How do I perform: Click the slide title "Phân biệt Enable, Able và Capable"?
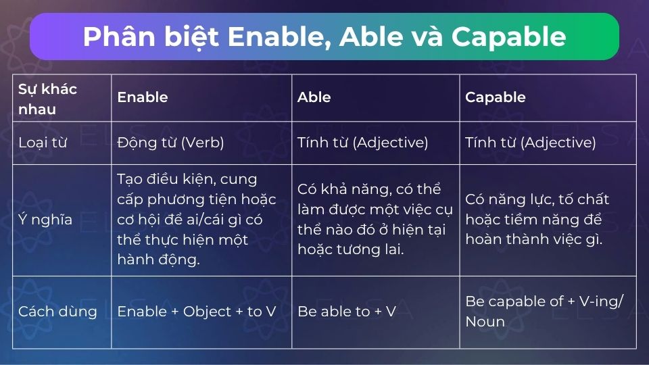click(324, 36)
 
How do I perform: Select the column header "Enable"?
click(142, 97)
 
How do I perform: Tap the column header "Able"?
click(314, 97)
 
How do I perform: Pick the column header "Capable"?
click(495, 97)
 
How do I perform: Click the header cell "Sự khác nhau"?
click(47, 99)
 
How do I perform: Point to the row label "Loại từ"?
click(42, 143)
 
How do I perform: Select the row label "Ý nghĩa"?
click(45, 220)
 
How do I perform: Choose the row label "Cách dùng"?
click(57, 312)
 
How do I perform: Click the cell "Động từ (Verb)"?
click(170, 143)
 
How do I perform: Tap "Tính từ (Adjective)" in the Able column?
click(362, 143)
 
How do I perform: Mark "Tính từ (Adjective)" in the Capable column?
click(530, 143)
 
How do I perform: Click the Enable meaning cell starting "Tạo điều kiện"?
click(197, 220)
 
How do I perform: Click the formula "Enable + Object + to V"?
click(196, 312)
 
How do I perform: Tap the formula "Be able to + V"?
click(346, 312)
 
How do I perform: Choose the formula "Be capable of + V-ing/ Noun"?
click(544, 312)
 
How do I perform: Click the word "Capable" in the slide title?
click(508, 36)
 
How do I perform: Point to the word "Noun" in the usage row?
click(485, 322)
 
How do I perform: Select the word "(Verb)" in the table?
click(201, 143)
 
